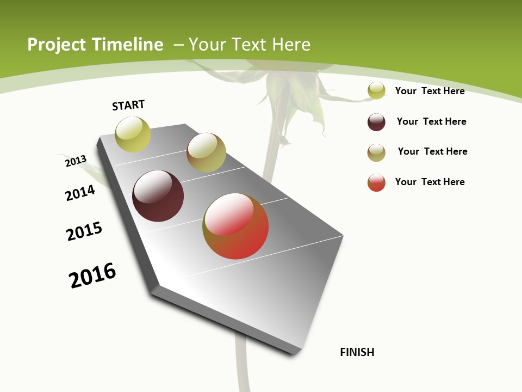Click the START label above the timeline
[x=128, y=105]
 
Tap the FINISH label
[x=357, y=352]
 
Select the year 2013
[x=76, y=161]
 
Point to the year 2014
[x=80, y=193]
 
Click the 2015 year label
[x=84, y=231]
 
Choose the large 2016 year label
[x=92, y=275]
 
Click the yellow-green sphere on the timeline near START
[x=133, y=134]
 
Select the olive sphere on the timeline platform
[x=206, y=152]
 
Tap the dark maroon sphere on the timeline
[x=158, y=196]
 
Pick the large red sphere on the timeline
[x=235, y=226]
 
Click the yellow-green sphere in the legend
[x=376, y=90]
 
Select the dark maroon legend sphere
[x=376, y=122]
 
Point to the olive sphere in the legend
[x=376, y=152]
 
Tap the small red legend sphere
[x=376, y=182]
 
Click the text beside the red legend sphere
[x=430, y=182]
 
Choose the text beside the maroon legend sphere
[x=432, y=121]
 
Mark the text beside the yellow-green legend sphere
[x=430, y=91]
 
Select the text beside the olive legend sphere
[x=433, y=151]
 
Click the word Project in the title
[x=57, y=45]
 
